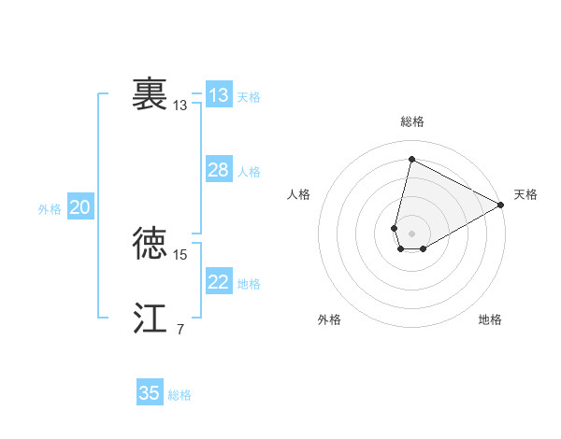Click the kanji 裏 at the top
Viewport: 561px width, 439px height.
point(150,94)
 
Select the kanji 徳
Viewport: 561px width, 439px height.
point(150,243)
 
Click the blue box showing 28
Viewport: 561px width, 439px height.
point(219,170)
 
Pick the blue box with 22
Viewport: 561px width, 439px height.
point(219,282)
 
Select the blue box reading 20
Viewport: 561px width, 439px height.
point(79,208)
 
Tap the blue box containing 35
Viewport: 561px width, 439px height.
point(150,393)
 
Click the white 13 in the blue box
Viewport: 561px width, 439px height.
point(219,95)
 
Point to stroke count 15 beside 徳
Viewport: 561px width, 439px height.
point(180,254)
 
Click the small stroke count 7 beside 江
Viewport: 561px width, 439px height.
point(180,329)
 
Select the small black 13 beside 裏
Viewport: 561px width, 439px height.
point(180,106)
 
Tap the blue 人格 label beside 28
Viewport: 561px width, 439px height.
point(249,172)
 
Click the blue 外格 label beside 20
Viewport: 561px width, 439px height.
point(50,209)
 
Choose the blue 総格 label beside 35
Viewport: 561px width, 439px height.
point(180,395)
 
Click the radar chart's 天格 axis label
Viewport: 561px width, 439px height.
point(525,194)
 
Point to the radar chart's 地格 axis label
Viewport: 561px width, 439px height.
point(490,319)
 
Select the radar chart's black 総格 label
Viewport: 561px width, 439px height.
point(412,121)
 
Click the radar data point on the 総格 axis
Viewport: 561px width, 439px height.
point(411,159)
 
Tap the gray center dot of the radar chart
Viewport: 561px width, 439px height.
point(411,233)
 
